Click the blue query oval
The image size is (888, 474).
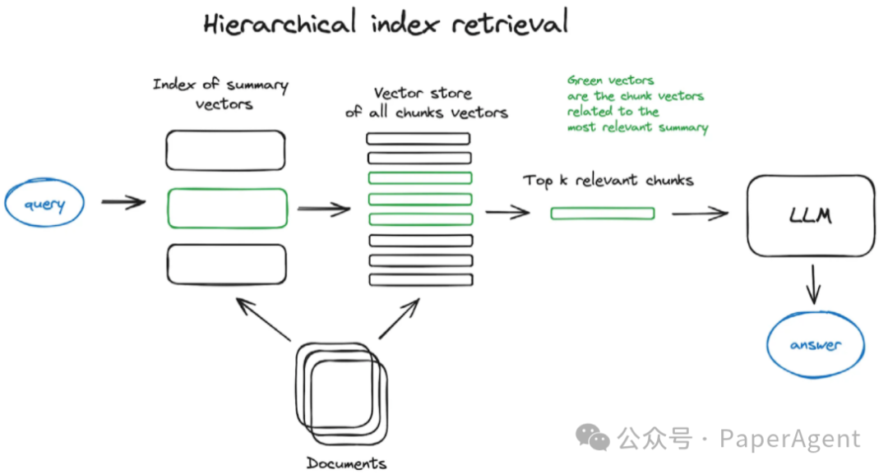click(44, 204)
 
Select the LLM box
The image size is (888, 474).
click(810, 216)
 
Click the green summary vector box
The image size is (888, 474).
click(227, 208)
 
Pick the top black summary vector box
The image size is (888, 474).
click(226, 150)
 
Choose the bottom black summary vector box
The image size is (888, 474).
click(226, 264)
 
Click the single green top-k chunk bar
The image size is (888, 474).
click(602, 214)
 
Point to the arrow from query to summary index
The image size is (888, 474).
click(123, 202)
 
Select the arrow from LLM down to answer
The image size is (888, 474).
click(814, 283)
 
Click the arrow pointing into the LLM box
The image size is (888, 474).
click(700, 214)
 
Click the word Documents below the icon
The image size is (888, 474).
click(346, 463)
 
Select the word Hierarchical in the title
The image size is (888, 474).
click(280, 23)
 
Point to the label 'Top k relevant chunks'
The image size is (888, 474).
click(608, 180)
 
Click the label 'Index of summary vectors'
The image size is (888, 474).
click(221, 94)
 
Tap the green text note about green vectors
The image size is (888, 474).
click(636, 104)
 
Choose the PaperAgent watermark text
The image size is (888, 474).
click(789, 439)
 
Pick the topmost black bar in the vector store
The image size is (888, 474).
click(419, 138)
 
